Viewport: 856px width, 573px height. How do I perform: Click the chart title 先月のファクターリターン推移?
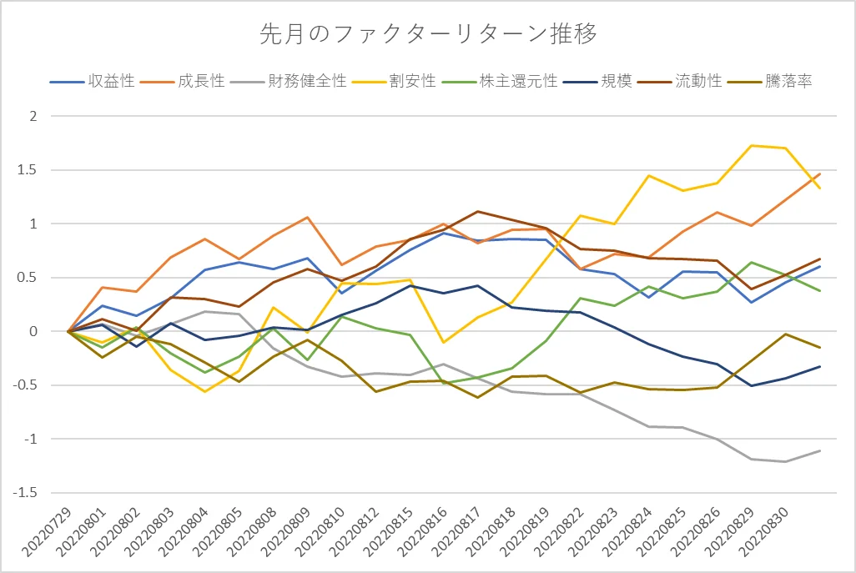click(x=428, y=34)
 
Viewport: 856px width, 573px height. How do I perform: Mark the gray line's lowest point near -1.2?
click(x=785, y=461)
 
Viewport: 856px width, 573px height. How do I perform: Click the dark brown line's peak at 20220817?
click(x=477, y=211)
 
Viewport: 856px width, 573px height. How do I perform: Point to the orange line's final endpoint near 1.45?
click(x=819, y=174)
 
